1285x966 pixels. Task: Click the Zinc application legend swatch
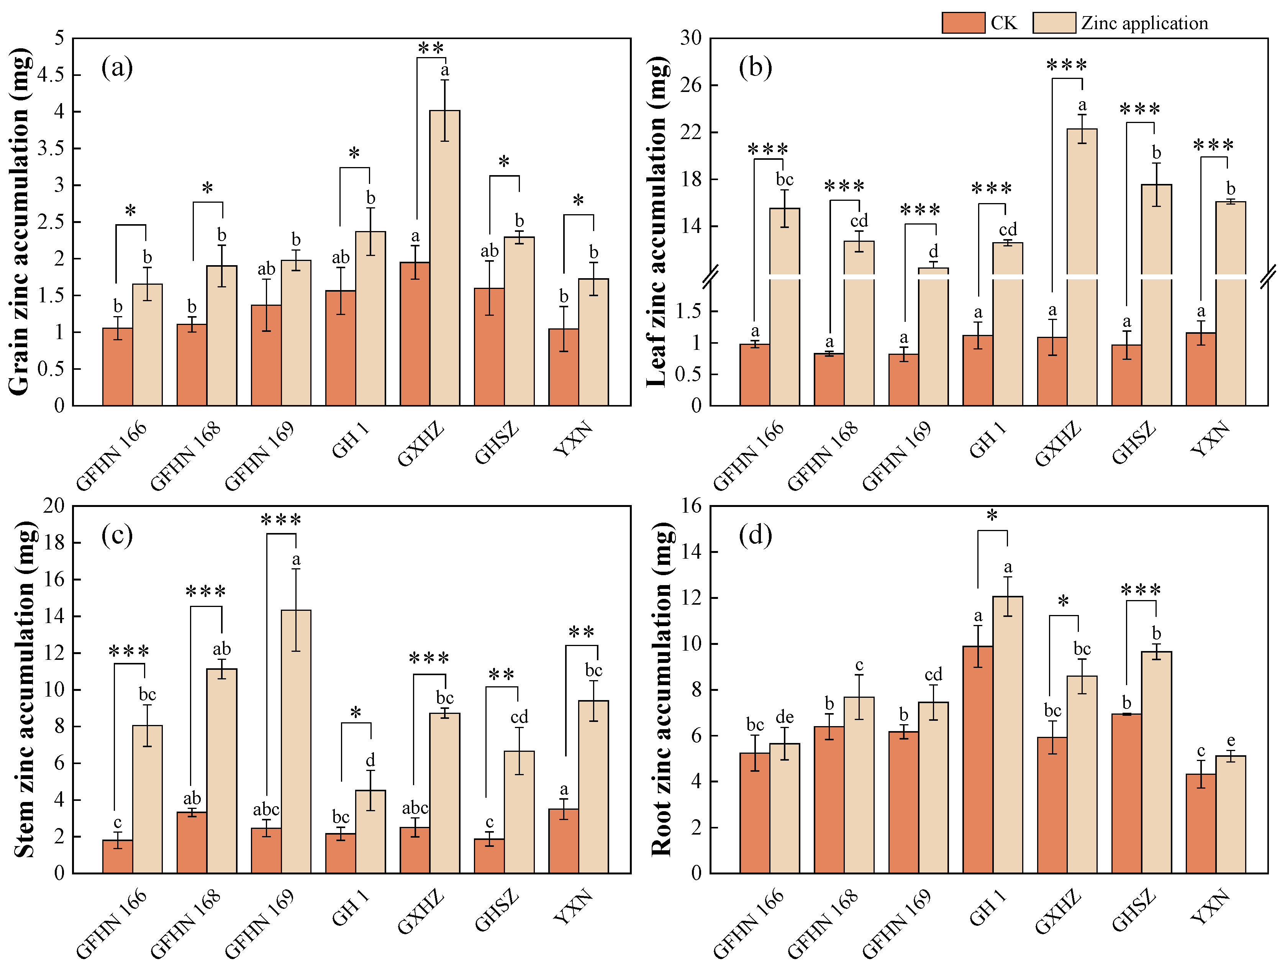coord(1054,23)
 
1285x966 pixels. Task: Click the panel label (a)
coord(117,67)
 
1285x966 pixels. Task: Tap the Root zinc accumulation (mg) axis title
coord(661,689)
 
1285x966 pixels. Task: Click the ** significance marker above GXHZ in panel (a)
coord(431,48)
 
